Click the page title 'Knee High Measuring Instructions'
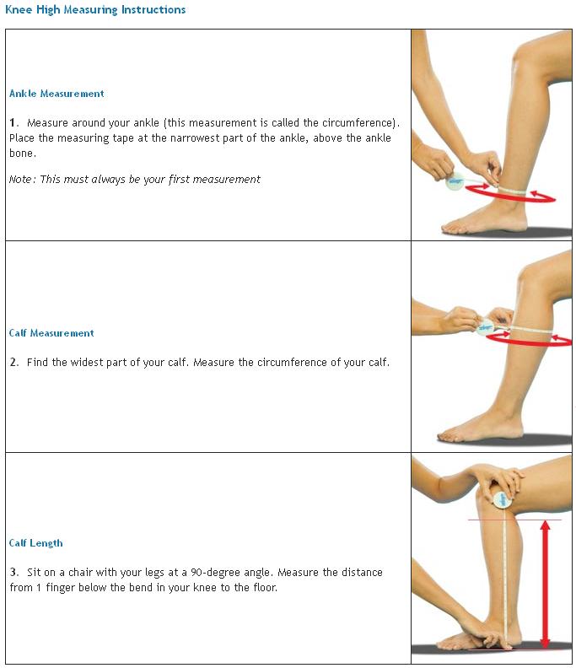(95, 10)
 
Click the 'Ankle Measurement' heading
(57, 94)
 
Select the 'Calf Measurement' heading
(51, 333)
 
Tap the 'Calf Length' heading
(35, 543)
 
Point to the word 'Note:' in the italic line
(22, 180)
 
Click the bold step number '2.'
(14, 363)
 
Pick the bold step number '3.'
(14, 573)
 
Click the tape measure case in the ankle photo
(455, 181)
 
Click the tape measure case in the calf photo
(486, 329)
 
